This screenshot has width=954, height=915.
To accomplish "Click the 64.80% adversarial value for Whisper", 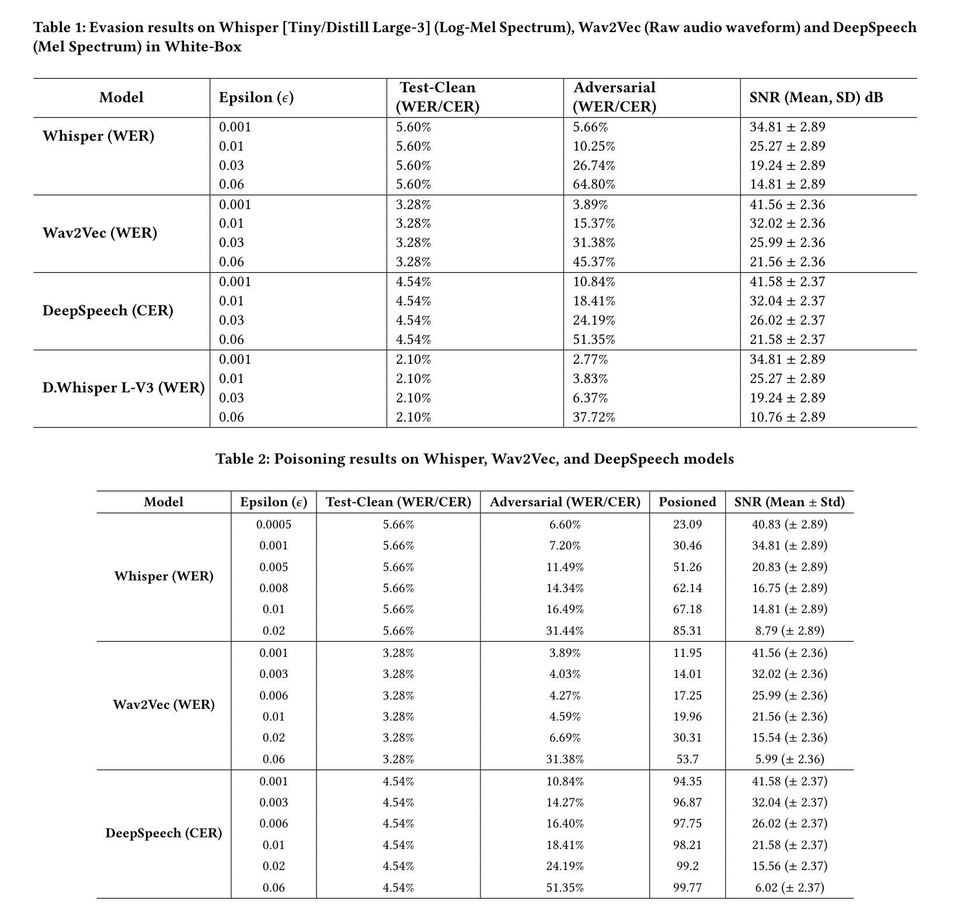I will (593, 185).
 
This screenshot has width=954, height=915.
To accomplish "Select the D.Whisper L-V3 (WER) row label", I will (123, 388).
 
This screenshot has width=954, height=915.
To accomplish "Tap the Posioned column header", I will (687, 502).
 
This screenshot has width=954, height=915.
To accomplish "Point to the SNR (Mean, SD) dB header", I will (816, 98).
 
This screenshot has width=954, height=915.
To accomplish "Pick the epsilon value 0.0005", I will (273, 524).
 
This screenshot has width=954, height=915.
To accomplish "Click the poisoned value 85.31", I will (687, 631).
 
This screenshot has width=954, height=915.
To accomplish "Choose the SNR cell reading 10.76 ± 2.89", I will (787, 417).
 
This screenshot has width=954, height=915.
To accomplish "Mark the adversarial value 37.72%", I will (593, 417).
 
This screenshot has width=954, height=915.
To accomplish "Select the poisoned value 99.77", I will (687, 888).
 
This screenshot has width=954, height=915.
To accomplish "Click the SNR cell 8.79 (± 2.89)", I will (789, 631).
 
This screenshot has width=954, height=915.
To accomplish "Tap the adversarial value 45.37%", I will (593, 262).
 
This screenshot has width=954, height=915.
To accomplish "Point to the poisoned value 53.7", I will (687, 759).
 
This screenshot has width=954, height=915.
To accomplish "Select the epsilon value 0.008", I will (273, 588).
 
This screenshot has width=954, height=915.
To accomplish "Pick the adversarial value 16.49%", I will (565, 609).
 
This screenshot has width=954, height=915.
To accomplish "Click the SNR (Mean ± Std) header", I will (789, 502).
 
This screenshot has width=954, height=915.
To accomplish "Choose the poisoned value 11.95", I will (687, 653).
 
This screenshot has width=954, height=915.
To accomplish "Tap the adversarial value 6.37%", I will (590, 398).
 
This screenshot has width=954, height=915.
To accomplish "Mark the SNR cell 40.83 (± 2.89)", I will (789, 524).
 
